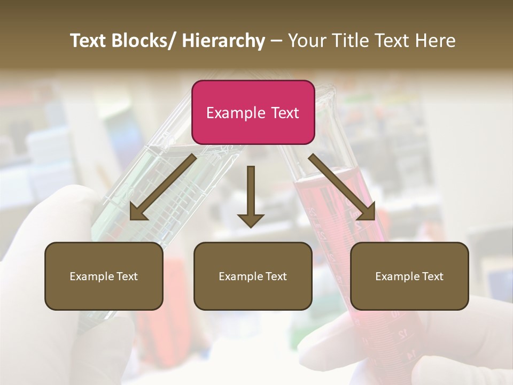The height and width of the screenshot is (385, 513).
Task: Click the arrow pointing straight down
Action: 251,198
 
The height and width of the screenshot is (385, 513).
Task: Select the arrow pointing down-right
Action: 342,187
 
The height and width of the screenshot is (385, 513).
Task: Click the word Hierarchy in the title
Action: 223,41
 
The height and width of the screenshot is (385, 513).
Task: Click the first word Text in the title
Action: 89,41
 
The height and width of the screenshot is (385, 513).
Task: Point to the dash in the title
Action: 276,41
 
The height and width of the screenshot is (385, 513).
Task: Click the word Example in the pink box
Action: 236,113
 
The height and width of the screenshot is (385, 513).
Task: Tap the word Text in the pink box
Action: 284,113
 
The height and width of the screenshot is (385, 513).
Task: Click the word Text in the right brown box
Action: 432,276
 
